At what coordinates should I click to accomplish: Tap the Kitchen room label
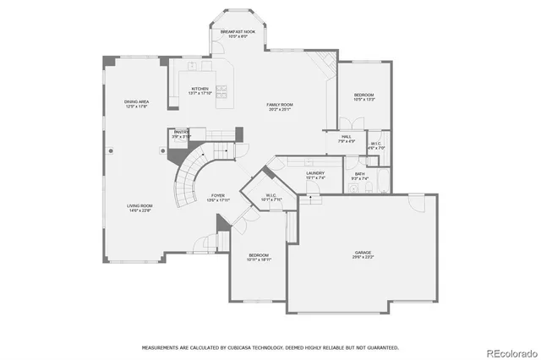(x=199, y=89)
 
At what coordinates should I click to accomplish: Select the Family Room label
(x=280, y=105)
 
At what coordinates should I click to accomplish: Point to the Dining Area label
(x=137, y=102)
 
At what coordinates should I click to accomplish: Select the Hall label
(x=347, y=138)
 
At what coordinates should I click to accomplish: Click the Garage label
(x=363, y=253)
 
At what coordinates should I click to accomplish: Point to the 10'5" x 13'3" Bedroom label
(x=363, y=95)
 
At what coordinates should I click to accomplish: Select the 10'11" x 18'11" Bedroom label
(x=258, y=256)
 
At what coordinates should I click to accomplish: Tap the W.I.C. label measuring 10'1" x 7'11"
(x=271, y=197)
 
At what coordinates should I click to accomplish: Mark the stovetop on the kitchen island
(x=223, y=88)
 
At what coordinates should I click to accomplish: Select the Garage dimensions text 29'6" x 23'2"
(x=363, y=256)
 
